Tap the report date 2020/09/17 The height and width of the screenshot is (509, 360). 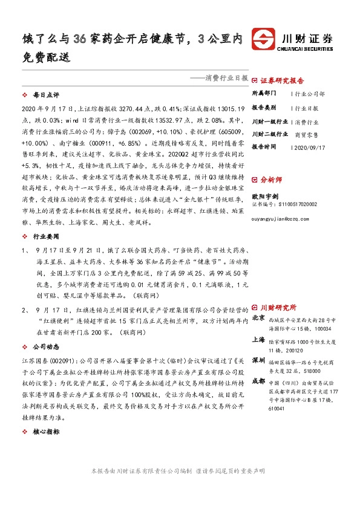pos(309,147)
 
